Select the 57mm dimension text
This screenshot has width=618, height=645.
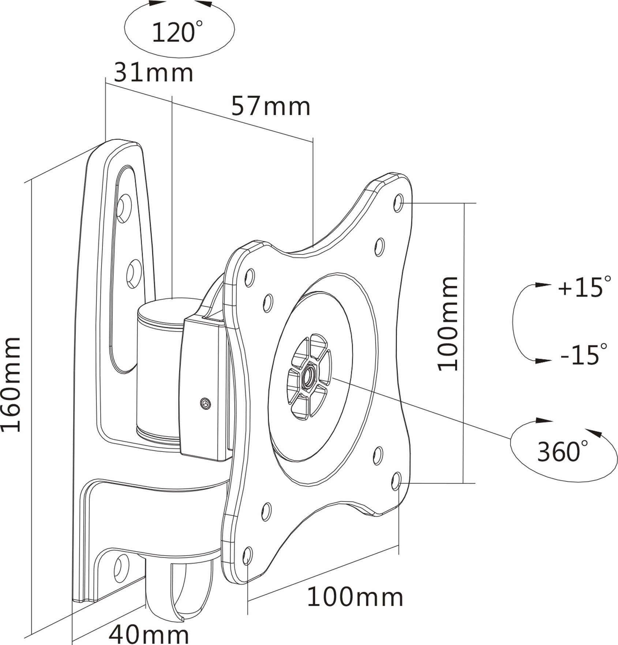click(x=271, y=106)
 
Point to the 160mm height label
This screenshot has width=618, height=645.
click(x=11, y=385)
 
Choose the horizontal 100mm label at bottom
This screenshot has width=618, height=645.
click(x=355, y=597)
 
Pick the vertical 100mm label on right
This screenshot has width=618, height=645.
click(x=448, y=324)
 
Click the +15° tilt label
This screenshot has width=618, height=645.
click(x=584, y=288)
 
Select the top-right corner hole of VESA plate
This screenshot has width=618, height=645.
click(x=398, y=203)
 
